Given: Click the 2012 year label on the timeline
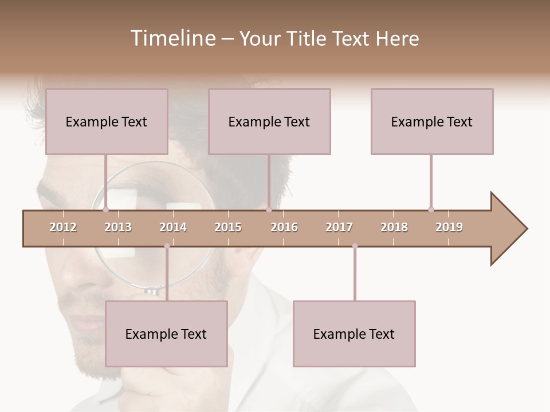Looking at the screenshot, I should pyautogui.click(x=63, y=227).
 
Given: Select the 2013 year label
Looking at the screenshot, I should pyautogui.click(x=118, y=227).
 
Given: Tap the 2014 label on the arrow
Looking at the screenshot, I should pyautogui.click(x=173, y=227).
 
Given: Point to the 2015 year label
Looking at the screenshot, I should pyautogui.click(x=228, y=227).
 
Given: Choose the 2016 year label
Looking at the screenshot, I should pyautogui.click(x=284, y=227).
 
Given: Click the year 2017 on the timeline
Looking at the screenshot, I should pyautogui.click(x=339, y=227).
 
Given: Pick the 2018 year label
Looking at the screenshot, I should pyautogui.click(x=394, y=227).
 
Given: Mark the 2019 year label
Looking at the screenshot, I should pyautogui.click(x=449, y=227).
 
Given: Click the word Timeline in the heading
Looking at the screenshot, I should pyautogui.click(x=171, y=38).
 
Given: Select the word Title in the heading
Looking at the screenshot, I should pyautogui.click(x=308, y=38).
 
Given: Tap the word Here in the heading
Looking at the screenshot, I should pyautogui.click(x=397, y=38).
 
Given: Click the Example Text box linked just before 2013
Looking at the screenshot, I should pyautogui.click(x=107, y=121).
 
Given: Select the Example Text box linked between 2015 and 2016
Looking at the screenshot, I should pyautogui.click(x=269, y=121).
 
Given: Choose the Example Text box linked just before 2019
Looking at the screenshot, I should pyautogui.click(x=432, y=121).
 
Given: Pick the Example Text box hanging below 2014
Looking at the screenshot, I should pyautogui.click(x=166, y=334).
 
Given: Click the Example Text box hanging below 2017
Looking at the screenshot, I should pyautogui.click(x=354, y=334).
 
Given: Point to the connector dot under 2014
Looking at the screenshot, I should pyautogui.click(x=167, y=246).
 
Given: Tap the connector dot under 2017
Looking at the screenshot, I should pyautogui.click(x=355, y=246).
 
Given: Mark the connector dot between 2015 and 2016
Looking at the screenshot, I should pyautogui.click(x=269, y=209).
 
